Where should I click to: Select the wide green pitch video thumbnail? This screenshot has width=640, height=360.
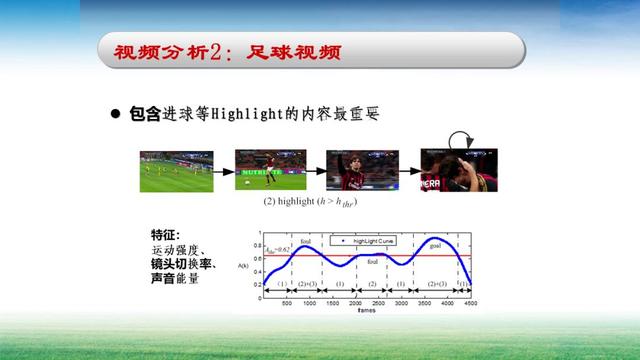[x=176, y=171]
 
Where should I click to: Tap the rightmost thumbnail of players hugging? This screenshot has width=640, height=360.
[x=459, y=170]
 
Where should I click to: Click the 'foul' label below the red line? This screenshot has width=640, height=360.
[x=372, y=262]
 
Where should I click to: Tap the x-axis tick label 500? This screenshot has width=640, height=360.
[x=286, y=303]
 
